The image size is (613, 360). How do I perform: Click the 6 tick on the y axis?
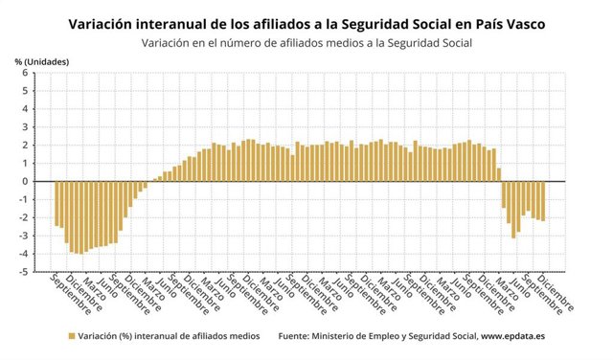click(26, 72)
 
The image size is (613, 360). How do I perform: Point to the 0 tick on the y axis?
click(26, 181)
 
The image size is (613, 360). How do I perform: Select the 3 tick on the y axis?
click(26, 126)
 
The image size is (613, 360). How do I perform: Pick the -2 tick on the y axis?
click(24, 217)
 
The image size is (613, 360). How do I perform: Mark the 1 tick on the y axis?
click(26, 163)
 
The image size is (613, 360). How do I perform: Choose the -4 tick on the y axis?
click(24, 254)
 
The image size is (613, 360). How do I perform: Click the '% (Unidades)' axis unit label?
click(43, 61)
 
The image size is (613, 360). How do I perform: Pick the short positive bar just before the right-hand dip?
click(499, 174)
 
